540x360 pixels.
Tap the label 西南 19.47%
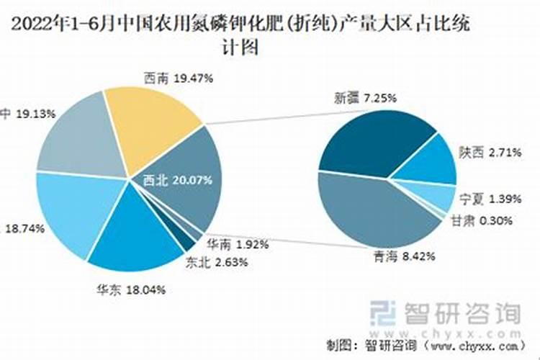[x=178, y=78]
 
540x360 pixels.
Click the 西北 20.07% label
[x=177, y=180]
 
